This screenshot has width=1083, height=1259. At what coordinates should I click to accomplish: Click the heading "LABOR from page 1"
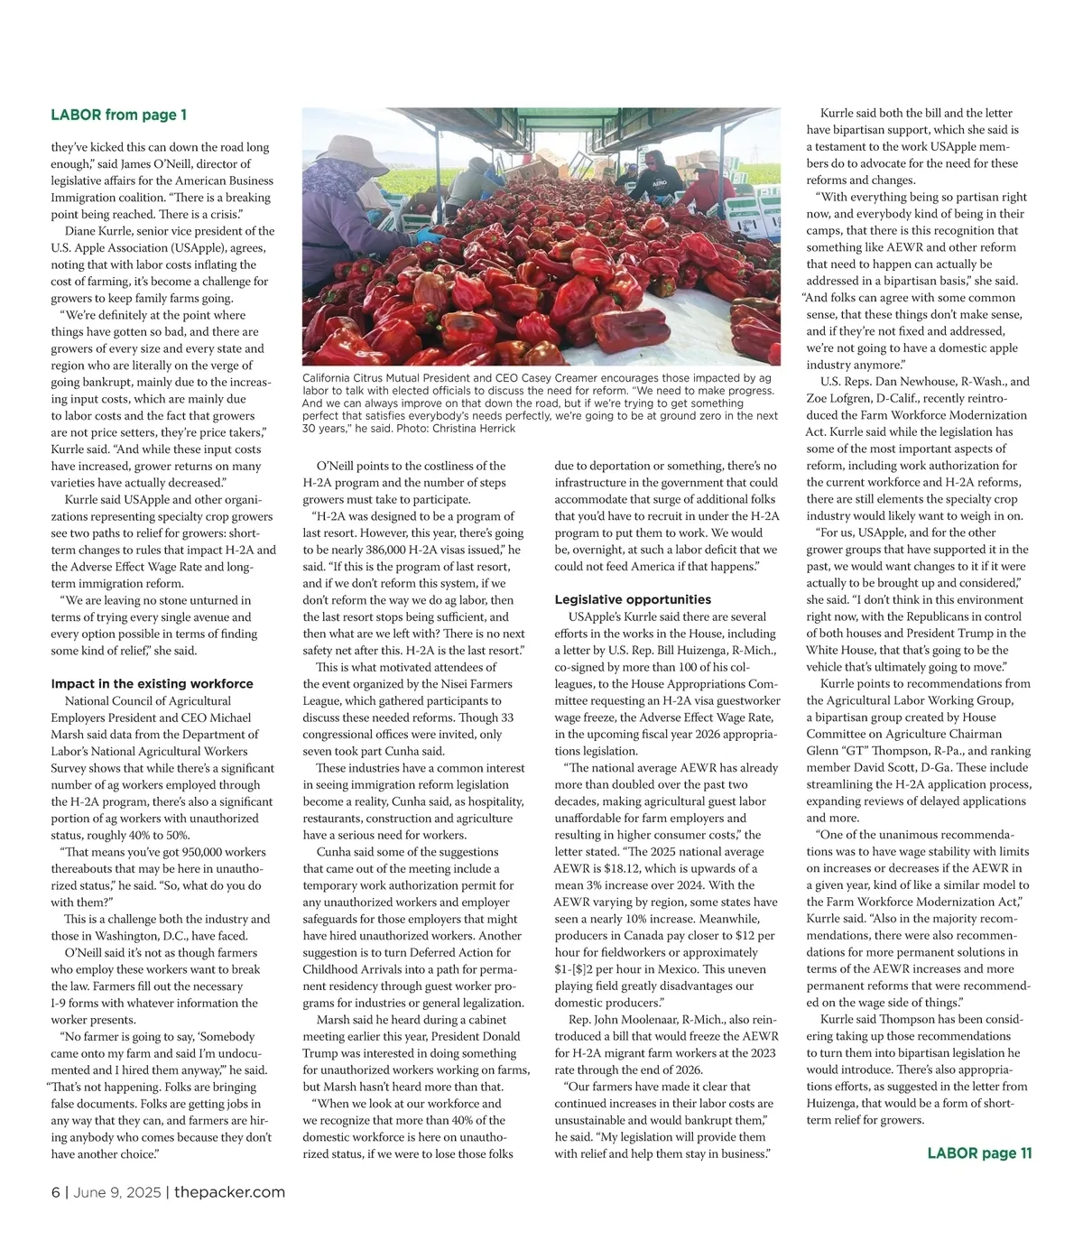tap(118, 115)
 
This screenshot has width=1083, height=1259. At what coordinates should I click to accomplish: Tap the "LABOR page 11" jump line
tap(979, 1153)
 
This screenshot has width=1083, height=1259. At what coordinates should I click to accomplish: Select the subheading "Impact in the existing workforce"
tap(152, 683)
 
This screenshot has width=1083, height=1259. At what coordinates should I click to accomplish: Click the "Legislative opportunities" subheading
tap(633, 599)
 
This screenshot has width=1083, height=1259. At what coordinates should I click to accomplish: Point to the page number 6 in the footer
tap(55, 1192)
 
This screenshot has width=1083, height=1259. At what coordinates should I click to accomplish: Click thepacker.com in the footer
tap(229, 1192)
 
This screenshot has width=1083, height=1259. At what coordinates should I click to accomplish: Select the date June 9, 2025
tap(115, 1192)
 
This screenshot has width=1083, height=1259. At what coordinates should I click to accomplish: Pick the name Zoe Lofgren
tap(839, 398)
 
